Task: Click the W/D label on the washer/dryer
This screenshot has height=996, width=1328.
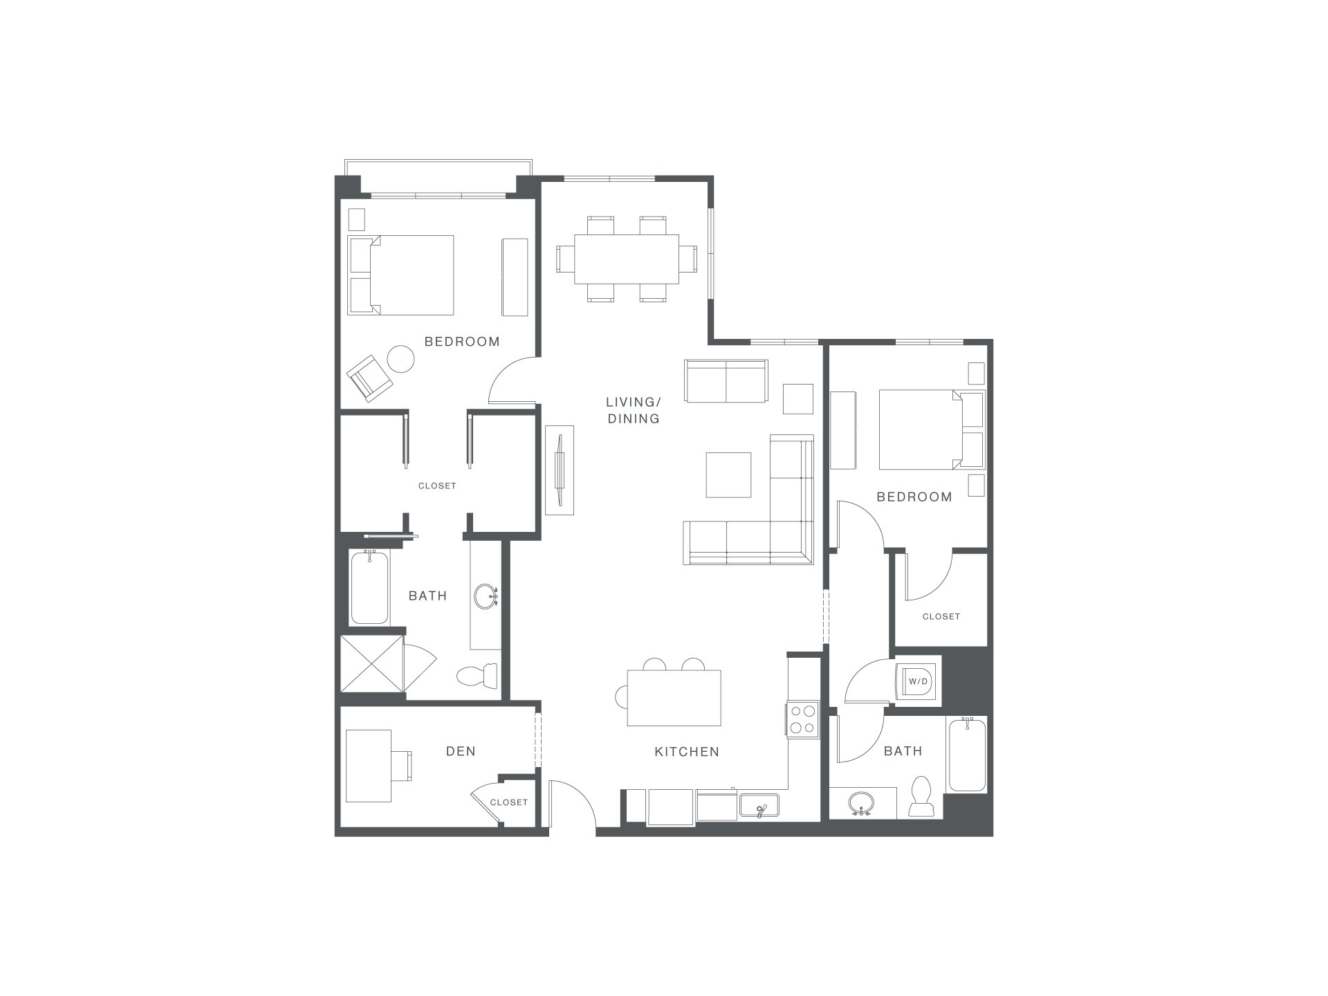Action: coord(919,681)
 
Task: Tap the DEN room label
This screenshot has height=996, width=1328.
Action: coord(461,751)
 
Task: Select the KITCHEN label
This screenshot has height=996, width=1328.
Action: coord(687,752)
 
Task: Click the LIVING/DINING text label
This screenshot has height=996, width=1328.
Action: coord(634,410)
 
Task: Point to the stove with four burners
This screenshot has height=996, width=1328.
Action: coord(803,719)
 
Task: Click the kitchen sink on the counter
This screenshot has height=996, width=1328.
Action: coord(759,806)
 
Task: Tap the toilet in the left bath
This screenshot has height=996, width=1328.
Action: coord(477,676)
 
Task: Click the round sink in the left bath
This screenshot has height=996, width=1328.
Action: coord(486,596)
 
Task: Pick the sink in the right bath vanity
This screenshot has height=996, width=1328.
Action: coord(862,803)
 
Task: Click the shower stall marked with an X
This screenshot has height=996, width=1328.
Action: coord(372,664)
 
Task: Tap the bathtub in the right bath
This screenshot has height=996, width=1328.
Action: coord(967,755)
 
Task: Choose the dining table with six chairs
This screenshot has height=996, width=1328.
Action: coord(627,259)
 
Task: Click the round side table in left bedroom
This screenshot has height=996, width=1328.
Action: coord(400,359)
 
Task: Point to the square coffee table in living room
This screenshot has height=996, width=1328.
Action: coord(728,474)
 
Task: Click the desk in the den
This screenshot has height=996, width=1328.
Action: coord(369,766)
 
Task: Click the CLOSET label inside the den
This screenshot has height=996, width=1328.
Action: coord(509,802)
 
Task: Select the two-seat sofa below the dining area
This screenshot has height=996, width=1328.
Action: coord(726,380)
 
